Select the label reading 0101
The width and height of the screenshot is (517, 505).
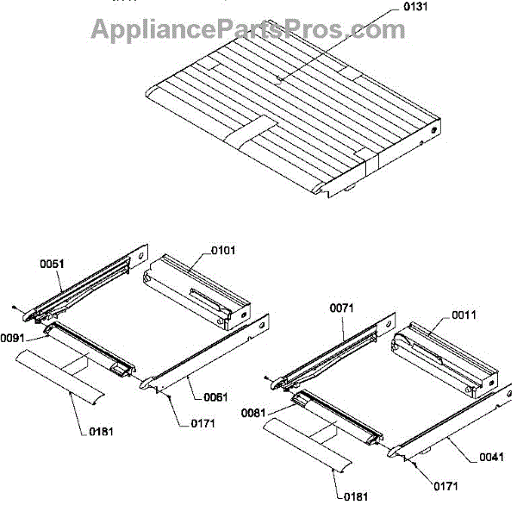point(223,251)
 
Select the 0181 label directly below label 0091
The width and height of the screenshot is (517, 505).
point(99,431)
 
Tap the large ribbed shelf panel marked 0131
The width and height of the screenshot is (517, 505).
point(284,103)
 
